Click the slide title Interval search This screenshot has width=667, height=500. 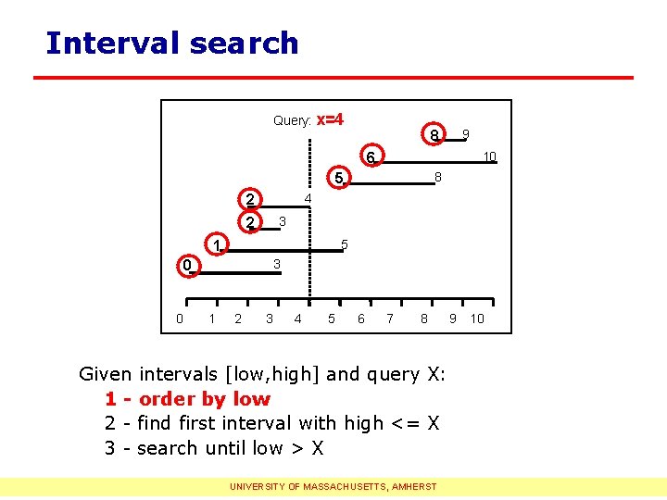pos(172,44)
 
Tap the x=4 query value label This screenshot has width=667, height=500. pos(331,119)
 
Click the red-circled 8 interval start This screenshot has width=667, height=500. pos(434,135)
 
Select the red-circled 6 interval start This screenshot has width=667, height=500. pos(369,157)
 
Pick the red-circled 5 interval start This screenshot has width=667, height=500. pos(339,178)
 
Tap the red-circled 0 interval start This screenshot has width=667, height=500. pos(186,266)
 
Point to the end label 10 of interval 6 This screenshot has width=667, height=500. pos(490,156)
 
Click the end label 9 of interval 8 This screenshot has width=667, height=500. pos(466,135)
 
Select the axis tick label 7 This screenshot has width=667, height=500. pos(390,319)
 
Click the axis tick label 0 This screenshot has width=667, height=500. pos(180,319)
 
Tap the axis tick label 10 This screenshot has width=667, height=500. pos(477,319)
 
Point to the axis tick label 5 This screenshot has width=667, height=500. pos(331,319)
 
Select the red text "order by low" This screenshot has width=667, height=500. pos(204,399)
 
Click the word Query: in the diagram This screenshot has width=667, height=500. pos(292,120)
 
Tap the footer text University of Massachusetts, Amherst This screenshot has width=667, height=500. pos(333,485)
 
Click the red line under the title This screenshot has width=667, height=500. pos(333,77)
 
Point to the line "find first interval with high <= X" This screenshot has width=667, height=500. pos(287,423)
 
